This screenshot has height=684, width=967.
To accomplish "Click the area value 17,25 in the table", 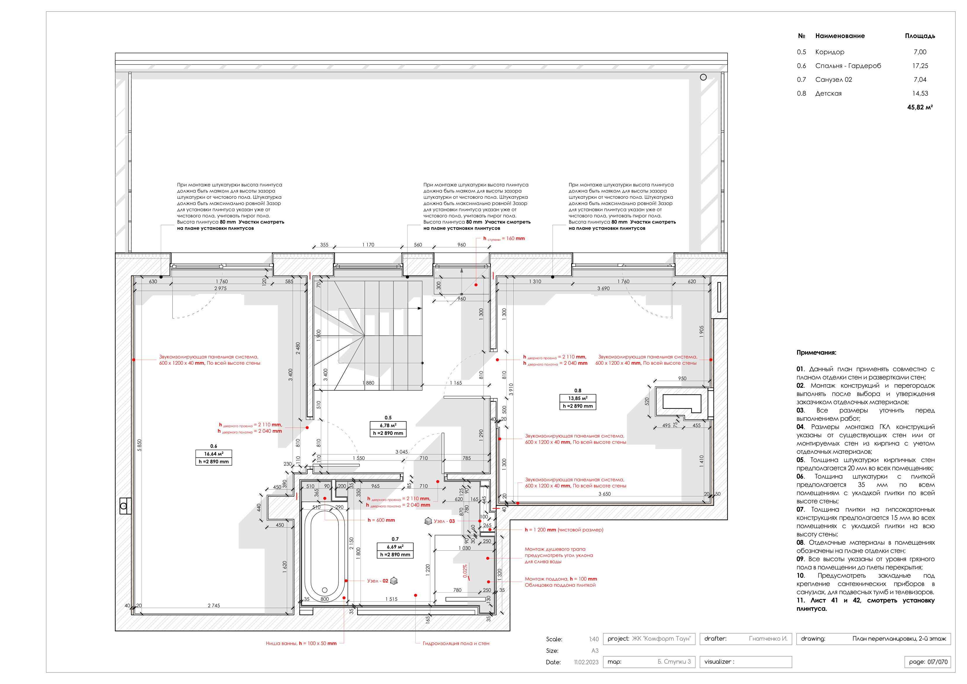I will [920, 66].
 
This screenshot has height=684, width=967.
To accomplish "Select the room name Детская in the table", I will [828, 94].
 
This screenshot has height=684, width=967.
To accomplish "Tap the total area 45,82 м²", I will [920, 107].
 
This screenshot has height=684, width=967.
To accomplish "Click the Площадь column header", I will [920, 36].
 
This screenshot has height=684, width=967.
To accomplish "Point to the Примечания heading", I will [816, 353].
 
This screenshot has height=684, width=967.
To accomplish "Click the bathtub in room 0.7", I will [324, 552].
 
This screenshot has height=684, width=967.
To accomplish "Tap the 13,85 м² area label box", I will [577, 398].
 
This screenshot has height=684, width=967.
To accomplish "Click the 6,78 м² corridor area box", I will [388, 426].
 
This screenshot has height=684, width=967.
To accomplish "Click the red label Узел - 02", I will [378, 581].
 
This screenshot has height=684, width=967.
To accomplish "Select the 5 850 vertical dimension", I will [139, 445].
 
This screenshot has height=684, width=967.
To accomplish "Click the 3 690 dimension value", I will [603, 289].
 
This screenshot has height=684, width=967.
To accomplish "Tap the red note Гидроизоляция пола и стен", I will [456, 644].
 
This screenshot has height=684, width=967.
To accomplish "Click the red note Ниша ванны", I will [301, 644].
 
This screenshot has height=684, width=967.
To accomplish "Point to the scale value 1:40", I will [594, 639].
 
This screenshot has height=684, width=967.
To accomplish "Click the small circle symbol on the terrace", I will [703, 77].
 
